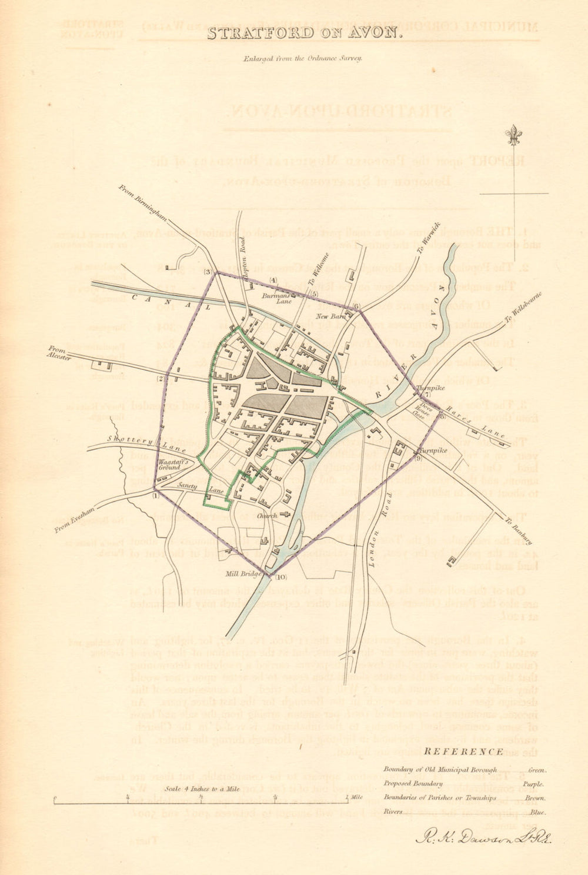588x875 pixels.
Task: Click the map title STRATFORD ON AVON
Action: click(x=305, y=33)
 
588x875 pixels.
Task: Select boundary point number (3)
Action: click(x=208, y=272)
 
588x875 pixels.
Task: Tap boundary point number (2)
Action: click(x=159, y=379)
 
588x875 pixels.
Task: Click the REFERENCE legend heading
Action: click(x=464, y=751)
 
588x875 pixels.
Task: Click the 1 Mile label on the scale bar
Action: click(x=355, y=797)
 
